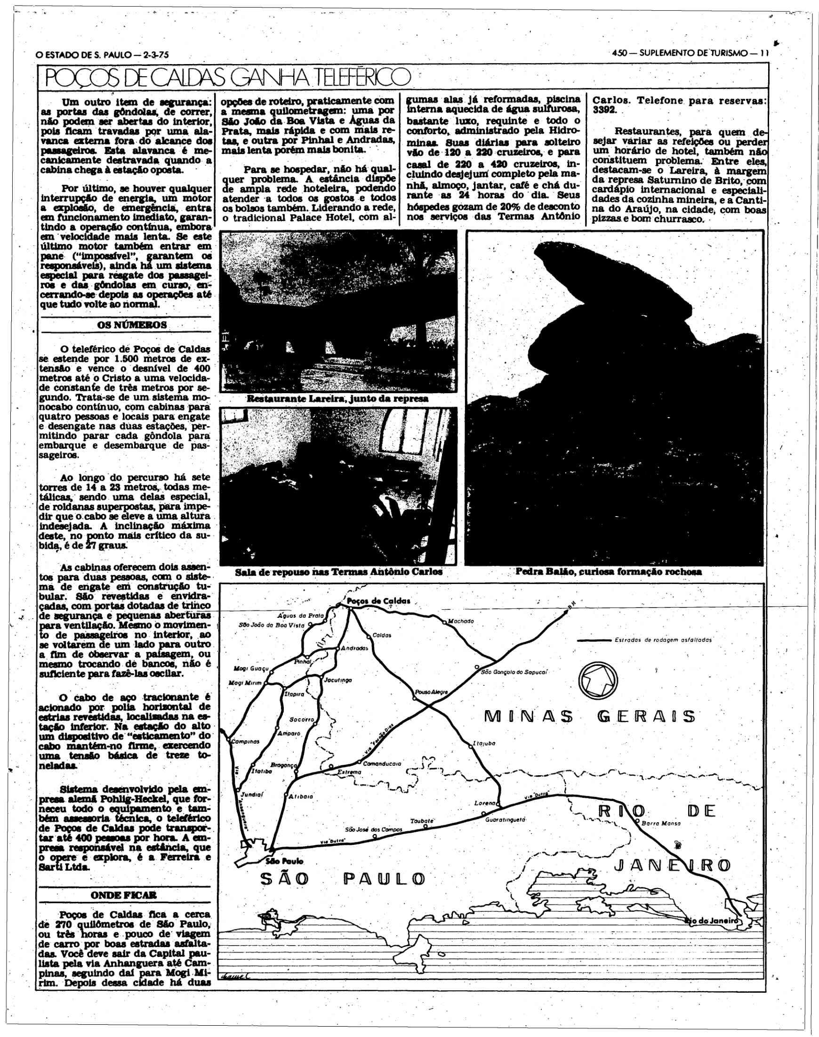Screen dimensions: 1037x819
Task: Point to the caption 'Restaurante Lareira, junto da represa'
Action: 337,399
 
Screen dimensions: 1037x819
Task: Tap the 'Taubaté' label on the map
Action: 423,821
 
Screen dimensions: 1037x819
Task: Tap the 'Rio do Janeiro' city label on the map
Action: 712,920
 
